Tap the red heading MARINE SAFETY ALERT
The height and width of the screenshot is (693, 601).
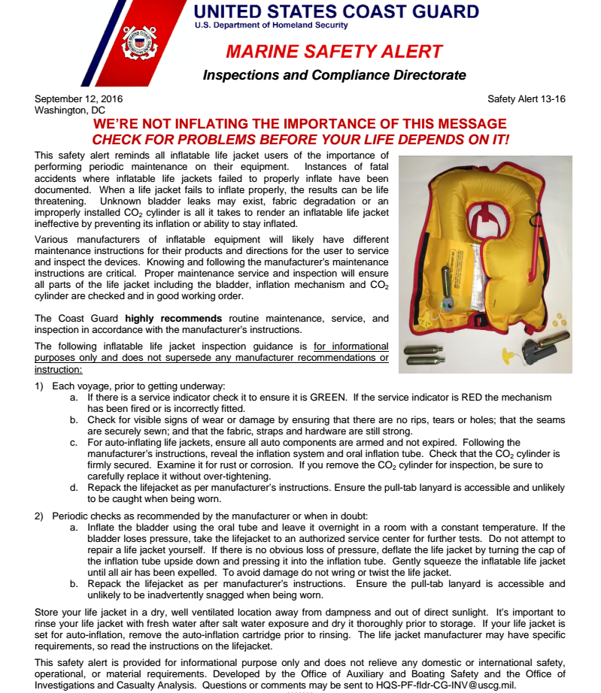(334, 52)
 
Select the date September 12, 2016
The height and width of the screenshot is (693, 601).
(79, 99)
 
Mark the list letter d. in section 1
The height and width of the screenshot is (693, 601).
(74, 488)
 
